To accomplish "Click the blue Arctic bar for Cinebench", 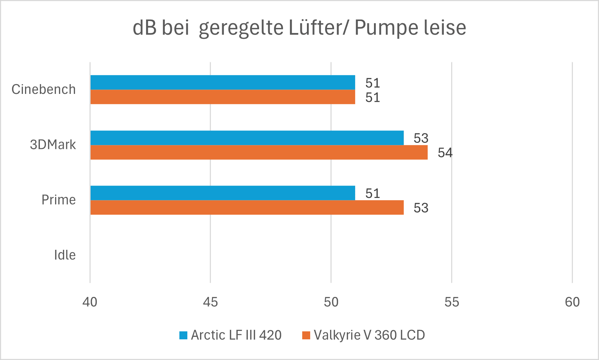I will tap(222, 82).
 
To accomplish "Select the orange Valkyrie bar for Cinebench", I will tap(222, 97).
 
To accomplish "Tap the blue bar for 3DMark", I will tap(247, 138).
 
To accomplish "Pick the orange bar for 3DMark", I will tap(259, 152).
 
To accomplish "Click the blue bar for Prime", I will tap(222, 193).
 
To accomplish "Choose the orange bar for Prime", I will tap(247, 207).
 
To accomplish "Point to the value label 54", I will tap(445, 153).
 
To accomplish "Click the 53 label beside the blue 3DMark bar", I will tap(421, 138).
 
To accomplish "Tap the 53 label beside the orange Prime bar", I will tap(421, 208).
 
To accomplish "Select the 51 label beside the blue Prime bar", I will tap(373, 193).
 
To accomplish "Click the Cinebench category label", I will tap(43, 90).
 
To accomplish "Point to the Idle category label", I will tap(65, 255).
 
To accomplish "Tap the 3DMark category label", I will tap(53, 145).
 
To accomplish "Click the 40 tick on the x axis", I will tap(90, 302).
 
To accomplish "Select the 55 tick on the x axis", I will tap(452, 302).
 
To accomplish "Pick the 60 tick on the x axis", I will tap(572, 302).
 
